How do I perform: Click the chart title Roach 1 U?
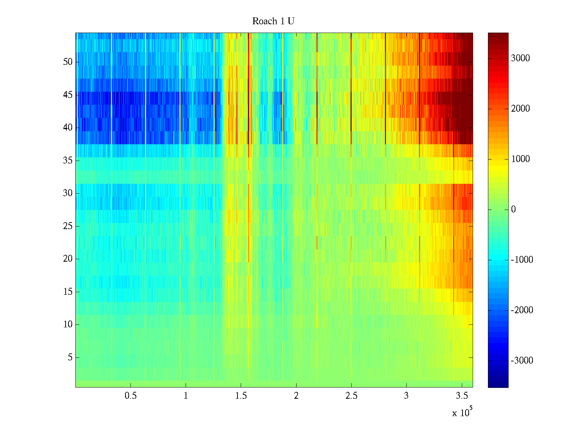[x=273, y=21]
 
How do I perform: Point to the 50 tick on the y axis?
[x=68, y=62]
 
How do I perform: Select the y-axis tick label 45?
[x=68, y=95]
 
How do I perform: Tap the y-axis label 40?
[x=68, y=128]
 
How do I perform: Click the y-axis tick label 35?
[x=68, y=161]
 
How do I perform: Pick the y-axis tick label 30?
[x=68, y=193]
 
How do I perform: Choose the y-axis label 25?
[x=68, y=226]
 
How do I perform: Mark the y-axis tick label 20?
[x=68, y=259]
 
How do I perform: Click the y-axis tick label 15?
[x=68, y=292]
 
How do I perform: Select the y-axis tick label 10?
[x=68, y=324]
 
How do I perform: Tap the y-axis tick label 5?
[x=70, y=357]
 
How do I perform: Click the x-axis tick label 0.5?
[x=130, y=396]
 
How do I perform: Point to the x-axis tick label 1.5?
[x=241, y=396]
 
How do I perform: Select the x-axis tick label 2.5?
[x=351, y=396]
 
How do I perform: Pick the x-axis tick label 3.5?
[x=461, y=396]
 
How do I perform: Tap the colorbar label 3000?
[x=520, y=58]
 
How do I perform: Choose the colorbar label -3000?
[x=522, y=361]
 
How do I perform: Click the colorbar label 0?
[x=513, y=210]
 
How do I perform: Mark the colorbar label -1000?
[x=522, y=260]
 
